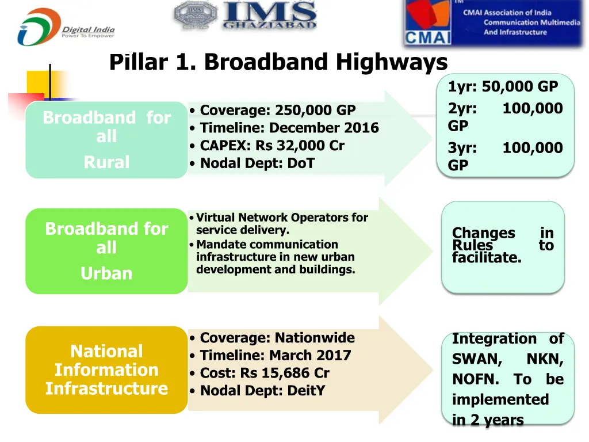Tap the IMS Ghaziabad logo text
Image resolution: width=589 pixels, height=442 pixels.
pyautogui.click(x=269, y=16)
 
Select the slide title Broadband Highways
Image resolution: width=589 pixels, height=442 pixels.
pyautogui.click(x=278, y=62)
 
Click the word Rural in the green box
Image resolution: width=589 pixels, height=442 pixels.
pyautogui.click(x=106, y=162)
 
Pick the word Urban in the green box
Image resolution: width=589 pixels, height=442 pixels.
pyautogui.click(x=106, y=273)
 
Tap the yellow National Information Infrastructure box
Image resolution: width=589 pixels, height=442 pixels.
pyautogui.click(x=106, y=369)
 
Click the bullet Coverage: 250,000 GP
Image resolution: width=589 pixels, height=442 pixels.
pyautogui.click(x=277, y=110)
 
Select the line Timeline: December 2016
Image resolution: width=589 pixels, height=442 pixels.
pyautogui.click(x=289, y=128)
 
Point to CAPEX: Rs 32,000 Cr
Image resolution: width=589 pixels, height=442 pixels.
pyautogui.click(x=271, y=146)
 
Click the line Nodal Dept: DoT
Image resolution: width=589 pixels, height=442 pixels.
pyautogui.click(x=257, y=163)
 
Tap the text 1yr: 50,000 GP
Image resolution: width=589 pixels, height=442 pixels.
pyautogui.click(x=503, y=87)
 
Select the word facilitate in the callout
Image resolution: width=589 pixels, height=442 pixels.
pyautogui.click(x=487, y=258)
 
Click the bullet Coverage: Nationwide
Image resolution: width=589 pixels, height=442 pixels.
pyautogui.click(x=277, y=338)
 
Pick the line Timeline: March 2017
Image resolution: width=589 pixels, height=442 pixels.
pyautogui.click(x=275, y=356)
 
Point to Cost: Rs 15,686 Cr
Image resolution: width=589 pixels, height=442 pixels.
pyautogui.click(x=264, y=373)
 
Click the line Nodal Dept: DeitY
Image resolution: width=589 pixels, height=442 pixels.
pyautogui.click(x=262, y=391)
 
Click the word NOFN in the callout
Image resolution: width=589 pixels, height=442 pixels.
pyautogui.click(x=475, y=380)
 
